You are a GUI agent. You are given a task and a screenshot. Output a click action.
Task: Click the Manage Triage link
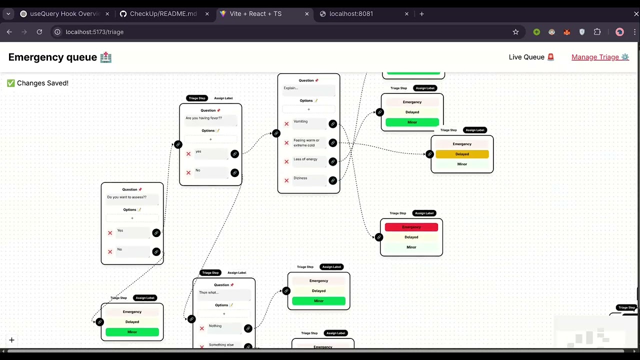[599, 57]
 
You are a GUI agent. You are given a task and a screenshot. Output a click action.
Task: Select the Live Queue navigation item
[531, 57]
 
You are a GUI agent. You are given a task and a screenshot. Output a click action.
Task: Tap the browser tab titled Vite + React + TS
[255, 13]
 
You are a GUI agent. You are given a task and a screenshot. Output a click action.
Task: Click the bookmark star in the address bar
[515, 32]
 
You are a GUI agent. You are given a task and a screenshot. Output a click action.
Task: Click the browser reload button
[39, 32]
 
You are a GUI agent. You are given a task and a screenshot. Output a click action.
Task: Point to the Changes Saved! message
[38, 83]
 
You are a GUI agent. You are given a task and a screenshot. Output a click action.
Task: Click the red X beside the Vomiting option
[286, 123]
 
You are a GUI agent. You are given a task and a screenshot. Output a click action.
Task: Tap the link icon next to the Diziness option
[332, 180]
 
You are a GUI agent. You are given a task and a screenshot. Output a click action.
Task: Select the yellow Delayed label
[462, 154]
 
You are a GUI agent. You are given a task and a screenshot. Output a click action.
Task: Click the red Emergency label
[411, 227]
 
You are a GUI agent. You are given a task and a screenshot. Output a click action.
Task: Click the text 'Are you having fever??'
[203, 118]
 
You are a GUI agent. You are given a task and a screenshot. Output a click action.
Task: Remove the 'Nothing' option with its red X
[202, 328]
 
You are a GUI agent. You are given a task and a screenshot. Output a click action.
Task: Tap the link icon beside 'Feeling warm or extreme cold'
[332, 143]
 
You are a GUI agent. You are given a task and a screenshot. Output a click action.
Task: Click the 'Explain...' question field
[308, 88]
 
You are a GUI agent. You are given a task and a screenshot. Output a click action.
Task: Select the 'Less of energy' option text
[305, 159]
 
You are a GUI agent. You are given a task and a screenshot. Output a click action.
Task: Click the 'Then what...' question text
[208, 292]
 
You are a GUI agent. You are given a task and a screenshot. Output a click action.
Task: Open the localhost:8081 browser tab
[351, 13]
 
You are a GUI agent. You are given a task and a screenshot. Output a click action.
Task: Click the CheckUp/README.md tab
[163, 13]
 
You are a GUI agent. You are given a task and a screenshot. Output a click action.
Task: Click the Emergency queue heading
[52, 57]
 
